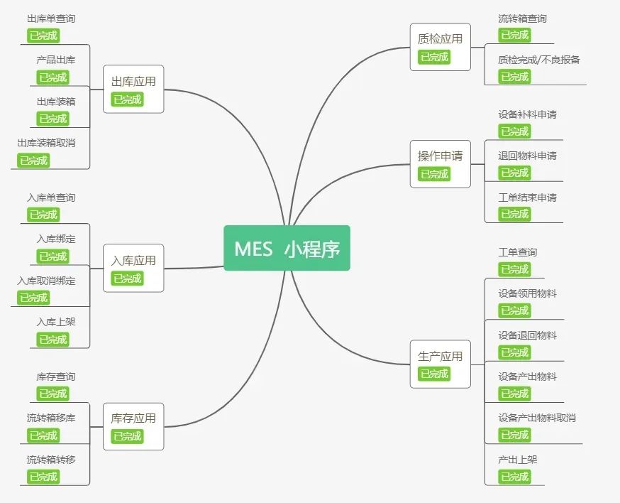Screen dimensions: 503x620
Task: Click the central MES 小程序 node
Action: pos(287,248)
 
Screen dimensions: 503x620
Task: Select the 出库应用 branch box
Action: pos(133,89)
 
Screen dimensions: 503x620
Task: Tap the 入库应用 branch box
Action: pos(133,268)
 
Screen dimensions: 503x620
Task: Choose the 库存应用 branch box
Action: pos(133,426)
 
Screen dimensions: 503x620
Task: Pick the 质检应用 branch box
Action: pos(440,47)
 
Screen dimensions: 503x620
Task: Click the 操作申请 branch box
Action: pos(440,163)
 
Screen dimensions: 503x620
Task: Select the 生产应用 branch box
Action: pos(440,364)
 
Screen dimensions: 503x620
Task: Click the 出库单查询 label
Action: pos(51,19)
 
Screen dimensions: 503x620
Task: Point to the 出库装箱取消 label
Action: pos(46,143)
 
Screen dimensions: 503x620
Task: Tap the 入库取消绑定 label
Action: pos(46,281)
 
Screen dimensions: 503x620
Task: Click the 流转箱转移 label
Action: pos(51,460)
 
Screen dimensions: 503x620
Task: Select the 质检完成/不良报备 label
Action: pos(539,60)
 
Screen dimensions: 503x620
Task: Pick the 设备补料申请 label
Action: pos(528,114)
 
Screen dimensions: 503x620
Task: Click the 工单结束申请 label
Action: pos(528,198)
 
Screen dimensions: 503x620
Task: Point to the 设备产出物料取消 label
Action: pos(537,418)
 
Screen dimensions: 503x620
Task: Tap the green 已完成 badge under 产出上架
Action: pos(515,477)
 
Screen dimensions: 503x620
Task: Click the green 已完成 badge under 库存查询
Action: pos(53,394)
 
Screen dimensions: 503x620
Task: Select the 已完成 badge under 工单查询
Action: pos(515,269)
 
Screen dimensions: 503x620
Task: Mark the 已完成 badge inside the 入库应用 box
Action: pos(128,278)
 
